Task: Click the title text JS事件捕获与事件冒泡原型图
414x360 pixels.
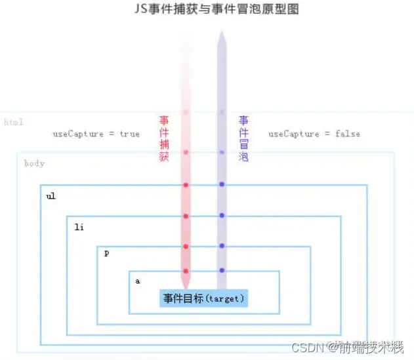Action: [x=207, y=10]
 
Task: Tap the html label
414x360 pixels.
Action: [x=14, y=123]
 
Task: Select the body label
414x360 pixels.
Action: [x=34, y=163]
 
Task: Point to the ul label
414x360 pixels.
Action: [x=51, y=196]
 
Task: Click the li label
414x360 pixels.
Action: [x=79, y=228]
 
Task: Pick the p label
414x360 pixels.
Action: [x=106, y=253]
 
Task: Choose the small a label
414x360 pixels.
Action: [x=138, y=281]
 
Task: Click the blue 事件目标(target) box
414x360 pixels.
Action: [x=203, y=298]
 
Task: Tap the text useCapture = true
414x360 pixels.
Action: [x=96, y=134]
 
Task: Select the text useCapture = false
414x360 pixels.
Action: [x=314, y=134]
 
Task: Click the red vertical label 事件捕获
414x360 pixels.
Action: [x=164, y=139]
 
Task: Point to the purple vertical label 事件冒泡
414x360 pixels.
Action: [x=243, y=139]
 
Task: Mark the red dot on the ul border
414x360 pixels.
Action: [x=186, y=185]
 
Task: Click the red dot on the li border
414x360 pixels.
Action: [x=186, y=216]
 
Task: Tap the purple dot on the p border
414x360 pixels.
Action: [x=222, y=246]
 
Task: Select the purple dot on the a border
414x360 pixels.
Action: [x=222, y=270]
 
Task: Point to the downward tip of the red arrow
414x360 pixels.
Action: [x=186, y=287]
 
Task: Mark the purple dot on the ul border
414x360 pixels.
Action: [x=222, y=184]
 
